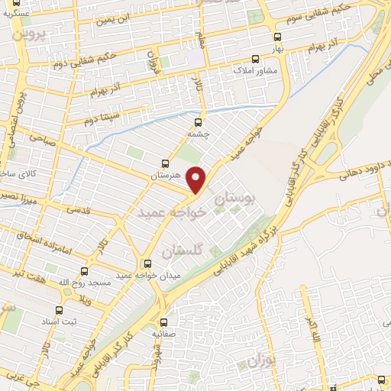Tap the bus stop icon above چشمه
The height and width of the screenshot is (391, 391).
coord(199,121)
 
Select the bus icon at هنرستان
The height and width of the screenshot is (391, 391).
coord(166,163)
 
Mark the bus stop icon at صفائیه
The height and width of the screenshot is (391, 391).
coord(163,323)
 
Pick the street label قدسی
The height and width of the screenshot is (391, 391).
coord(79,208)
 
